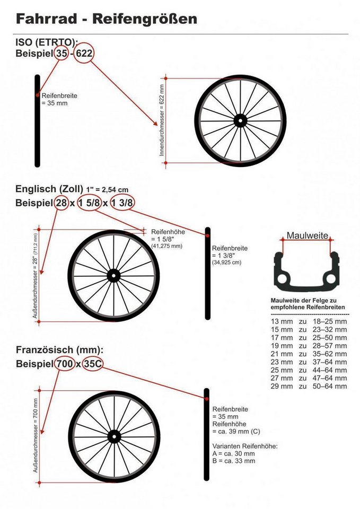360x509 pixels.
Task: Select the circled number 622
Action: coord(84,53)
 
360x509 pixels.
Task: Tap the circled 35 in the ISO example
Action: coord(62,53)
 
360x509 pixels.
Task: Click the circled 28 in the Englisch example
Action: coord(62,203)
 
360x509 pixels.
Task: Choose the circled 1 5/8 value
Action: coord(89,203)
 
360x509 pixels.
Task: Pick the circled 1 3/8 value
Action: coord(122,203)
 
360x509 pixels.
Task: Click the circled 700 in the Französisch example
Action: coord(65,364)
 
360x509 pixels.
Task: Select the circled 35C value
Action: coord(92,364)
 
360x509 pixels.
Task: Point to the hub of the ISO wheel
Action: coord(240,121)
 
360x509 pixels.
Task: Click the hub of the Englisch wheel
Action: coord(113,276)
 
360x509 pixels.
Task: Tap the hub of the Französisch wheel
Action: coord(114,436)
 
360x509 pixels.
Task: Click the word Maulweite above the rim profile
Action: coord(307,235)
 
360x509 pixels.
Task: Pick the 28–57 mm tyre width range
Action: coord(330,346)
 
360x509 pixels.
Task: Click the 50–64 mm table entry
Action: coord(330,387)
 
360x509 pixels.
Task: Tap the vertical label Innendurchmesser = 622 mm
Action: coord(162,120)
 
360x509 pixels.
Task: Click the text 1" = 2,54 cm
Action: coord(107,190)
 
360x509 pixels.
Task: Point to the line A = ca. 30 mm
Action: coord(234,453)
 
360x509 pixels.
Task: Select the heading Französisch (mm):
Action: coord(60,350)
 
